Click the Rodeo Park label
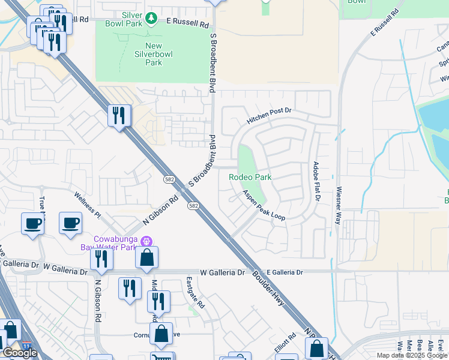coord(250,177)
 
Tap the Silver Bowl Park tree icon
coord(152,19)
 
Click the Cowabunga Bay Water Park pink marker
coord(145,241)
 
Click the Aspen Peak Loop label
coord(264,205)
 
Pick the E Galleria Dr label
coord(285,272)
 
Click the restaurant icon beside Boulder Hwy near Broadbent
coord(119,115)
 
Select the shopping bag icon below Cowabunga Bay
coord(146,258)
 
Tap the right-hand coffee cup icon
coord(70,223)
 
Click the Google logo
coord(19,353)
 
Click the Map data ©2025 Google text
coord(412,356)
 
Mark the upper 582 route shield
coord(170,179)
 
